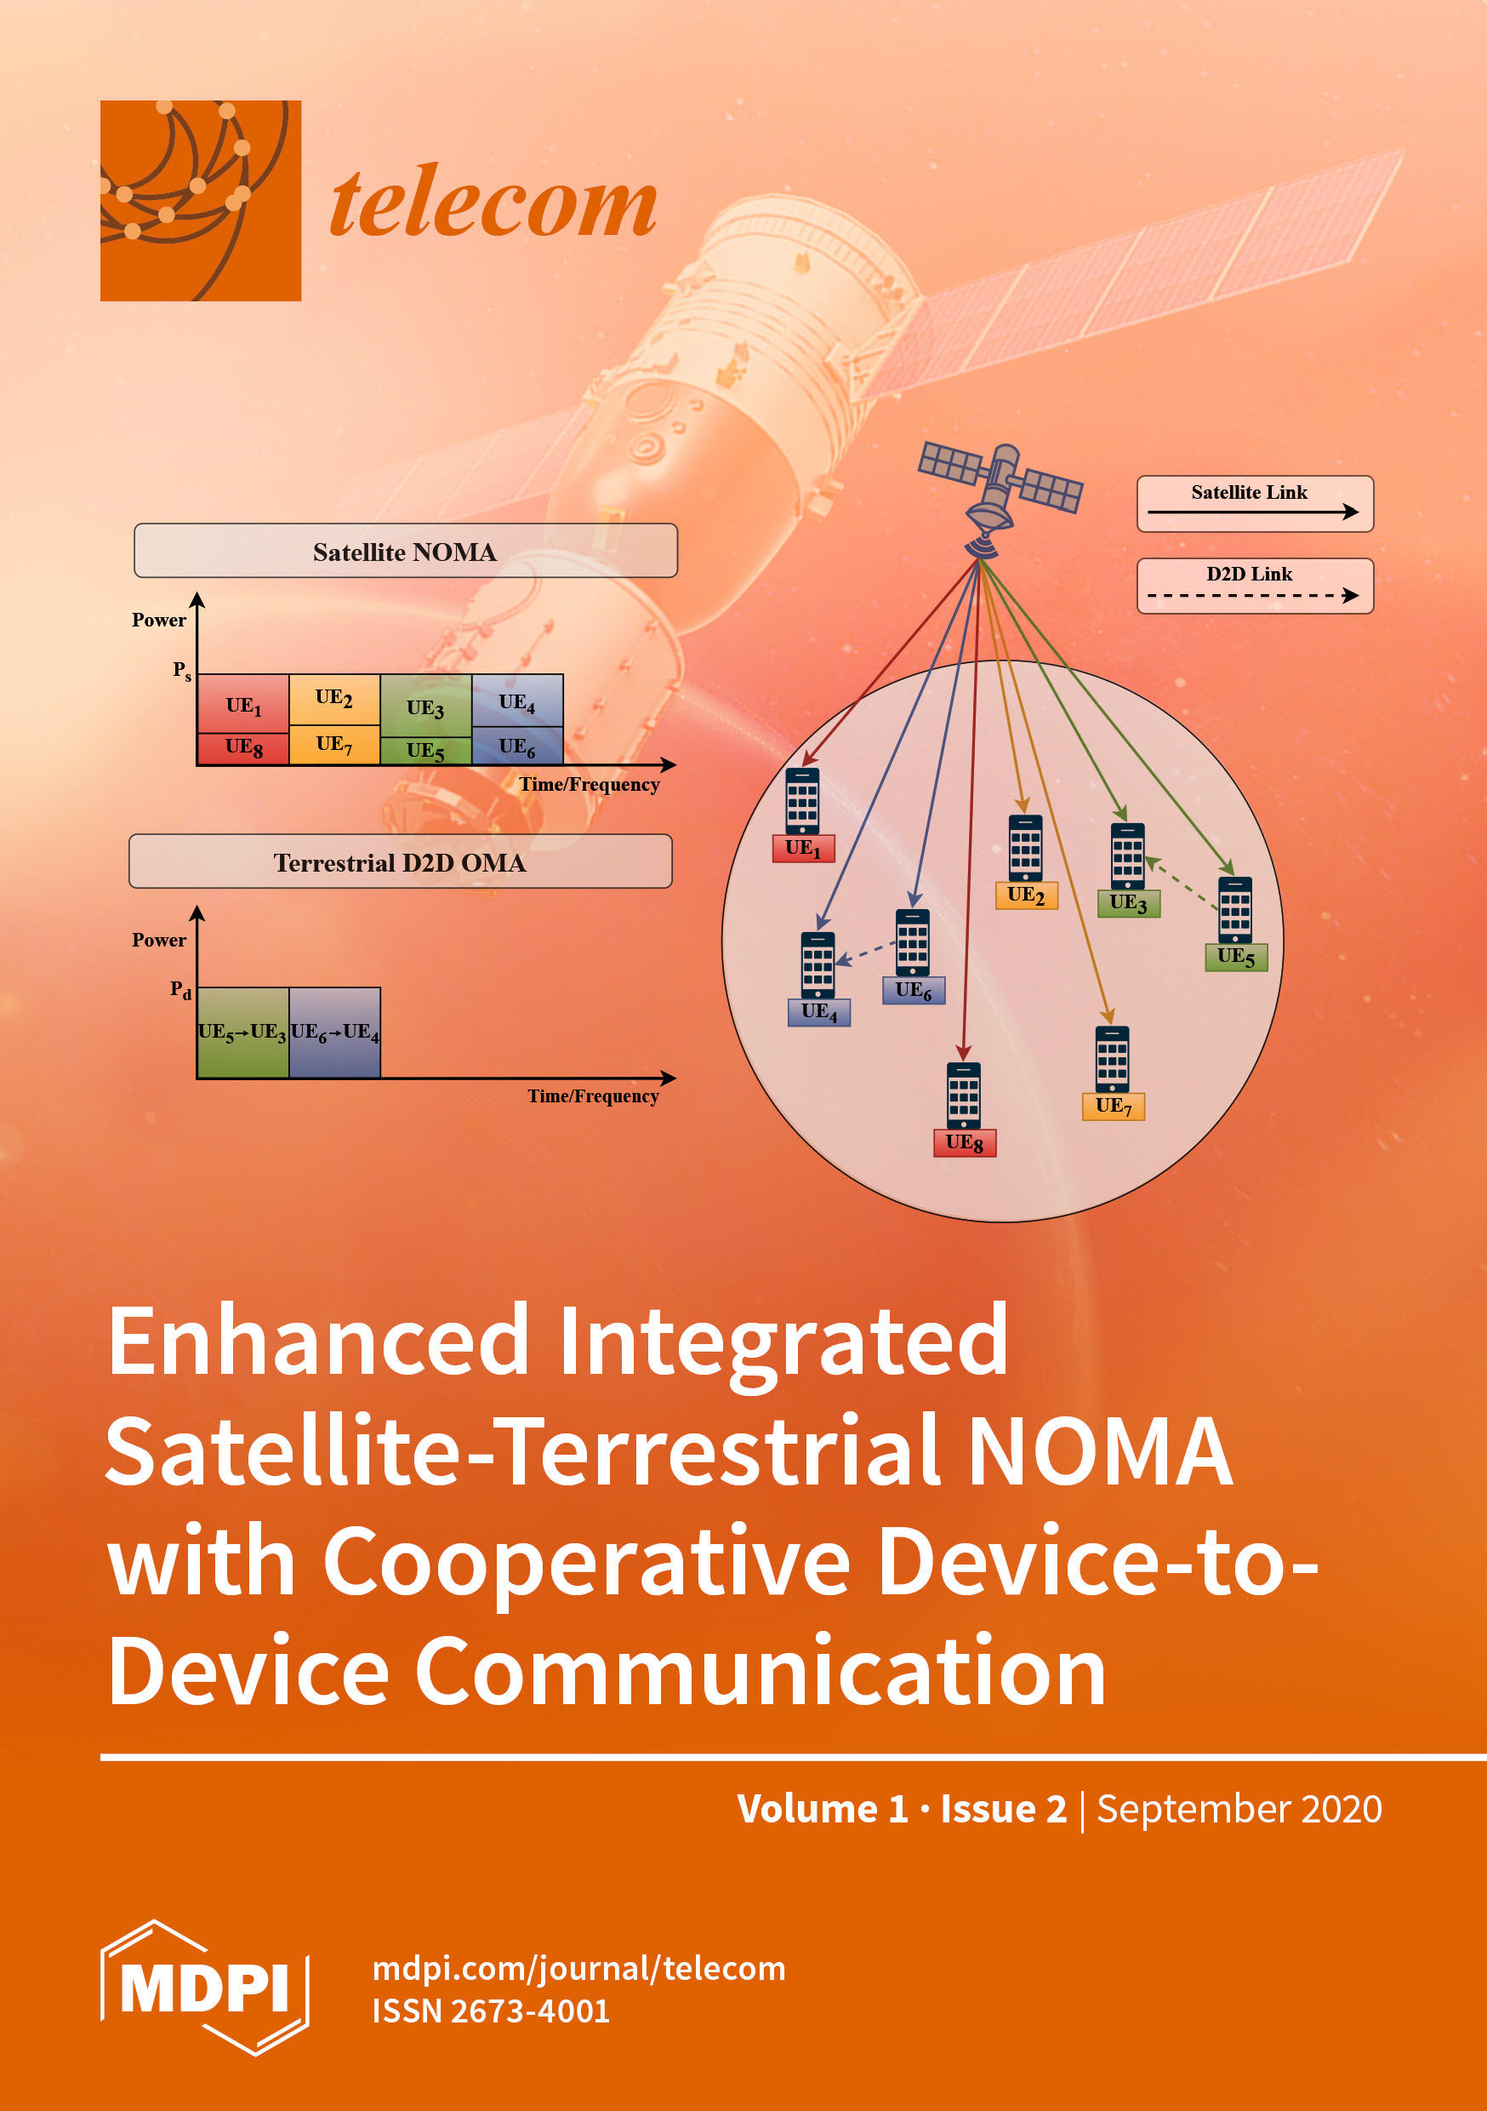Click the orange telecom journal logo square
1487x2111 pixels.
pyautogui.click(x=201, y=200)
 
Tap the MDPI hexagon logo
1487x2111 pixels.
pyautogui.click(x=204, y=1987)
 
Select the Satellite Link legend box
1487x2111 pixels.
pyautogui.click(x=1255, y=503)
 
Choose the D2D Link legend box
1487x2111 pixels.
pyautogui.click(x=1255, y=586)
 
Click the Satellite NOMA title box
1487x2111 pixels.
pyautogui.click(x=405, y=551)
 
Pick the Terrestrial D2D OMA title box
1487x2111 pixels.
pyautogui.click(x=400, y=861)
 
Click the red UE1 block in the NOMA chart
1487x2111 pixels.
pyautogui.click(x=243, y=704)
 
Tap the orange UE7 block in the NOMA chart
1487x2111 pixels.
pyautogui.click(x=334, y=745)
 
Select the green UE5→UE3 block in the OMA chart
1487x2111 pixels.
pyautogui.click(x=242, y=1032)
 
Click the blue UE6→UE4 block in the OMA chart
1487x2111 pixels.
pyautogui.click(x=334, y=1032)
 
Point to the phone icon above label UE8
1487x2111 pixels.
pyautogui.click(x=963, y=1095)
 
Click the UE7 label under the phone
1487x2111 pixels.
pyautogui.click(x=1113, y=1106)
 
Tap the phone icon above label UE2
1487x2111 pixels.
pyautogui.click(x=1026, y=847)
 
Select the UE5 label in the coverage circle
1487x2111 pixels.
pyautogui.click(x=1236, y=957)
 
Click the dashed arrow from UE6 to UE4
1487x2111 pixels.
pyautogui.click(x=866, y=953)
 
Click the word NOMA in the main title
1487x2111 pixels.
pyautogui.click(x=1099, y=1452)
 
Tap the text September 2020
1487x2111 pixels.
pyautogui.click(x=1239, y=1809)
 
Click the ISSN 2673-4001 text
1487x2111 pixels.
pyautogui.click(x=491, y=2011)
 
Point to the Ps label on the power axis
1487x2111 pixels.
pyautogui.click(x=182, y=670)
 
